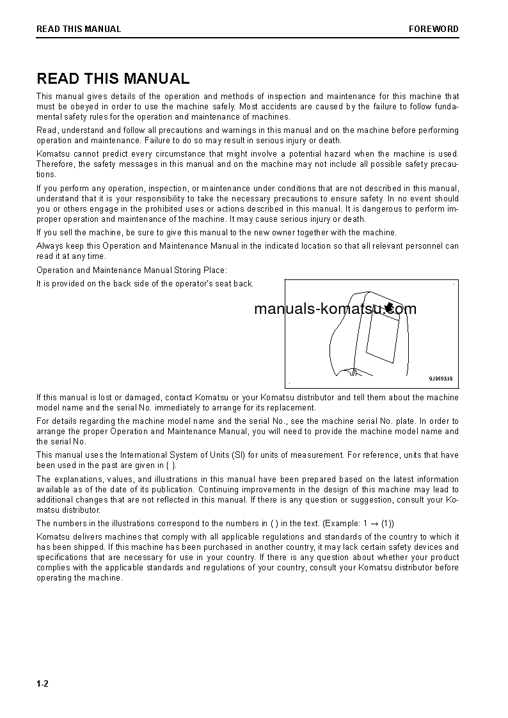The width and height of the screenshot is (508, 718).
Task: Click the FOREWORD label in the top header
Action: (x=433, y=29)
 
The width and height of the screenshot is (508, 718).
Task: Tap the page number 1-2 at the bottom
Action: (x=43, y=683)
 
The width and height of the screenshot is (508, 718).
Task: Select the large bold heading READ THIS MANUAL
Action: (x=113, y=79)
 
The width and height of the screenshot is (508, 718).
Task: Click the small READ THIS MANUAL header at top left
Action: (x=79, y=29)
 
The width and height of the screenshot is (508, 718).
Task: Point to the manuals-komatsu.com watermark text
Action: (x=335, y=309)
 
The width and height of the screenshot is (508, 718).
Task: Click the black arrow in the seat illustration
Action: (x=390, y=309)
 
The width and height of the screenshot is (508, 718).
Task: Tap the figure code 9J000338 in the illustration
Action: (x=440, y=379)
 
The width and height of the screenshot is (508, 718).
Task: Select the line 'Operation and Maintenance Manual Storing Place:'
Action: (x=132, y=270)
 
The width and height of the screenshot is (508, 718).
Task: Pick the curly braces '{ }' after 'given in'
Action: (x=171, y=465)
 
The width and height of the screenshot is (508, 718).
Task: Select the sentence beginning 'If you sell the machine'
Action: (x=216, y=233)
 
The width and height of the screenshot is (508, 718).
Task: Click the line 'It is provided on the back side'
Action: (x=145, y=283)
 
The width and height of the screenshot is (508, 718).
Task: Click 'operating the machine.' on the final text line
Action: (x=79, y=578)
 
